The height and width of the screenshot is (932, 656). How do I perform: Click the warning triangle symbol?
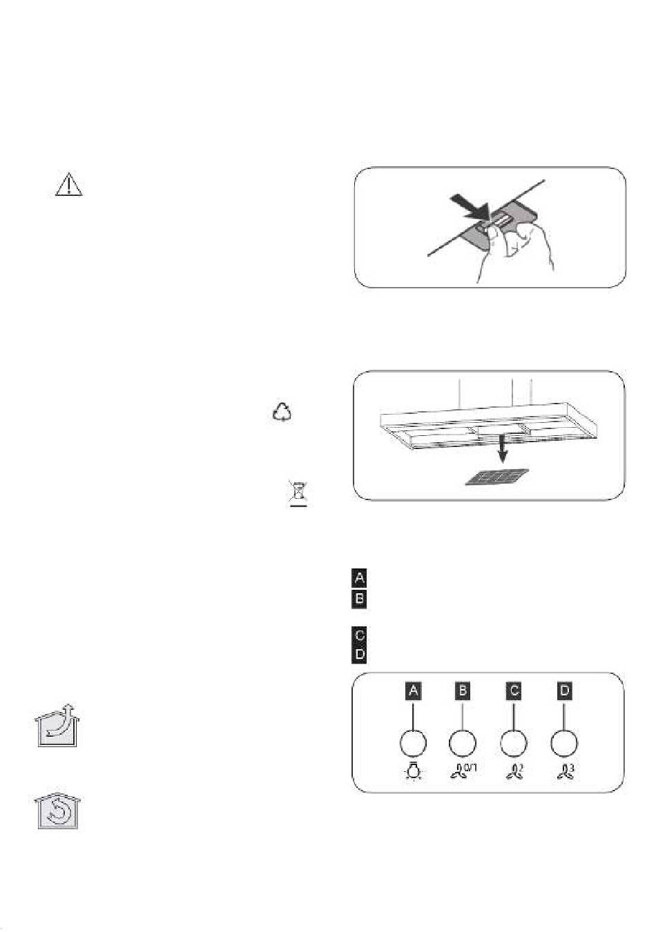click(x=69, y=185)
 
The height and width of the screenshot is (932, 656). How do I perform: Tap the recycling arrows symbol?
click(x=282, y=413)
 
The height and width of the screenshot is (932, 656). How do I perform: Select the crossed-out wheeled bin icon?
click(x=298, y=493)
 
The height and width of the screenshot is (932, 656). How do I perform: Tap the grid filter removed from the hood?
click(x=497, y=477)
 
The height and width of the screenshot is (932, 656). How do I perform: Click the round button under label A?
click(x=413, y=743)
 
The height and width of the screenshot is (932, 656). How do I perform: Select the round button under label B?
click(x=463, y=743)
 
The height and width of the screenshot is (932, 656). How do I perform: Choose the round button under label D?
click(x=564, y=743)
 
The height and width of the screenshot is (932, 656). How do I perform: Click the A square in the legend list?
click(x=359, y=578)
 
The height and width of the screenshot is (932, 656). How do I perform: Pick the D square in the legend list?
click(x=359, y=655)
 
